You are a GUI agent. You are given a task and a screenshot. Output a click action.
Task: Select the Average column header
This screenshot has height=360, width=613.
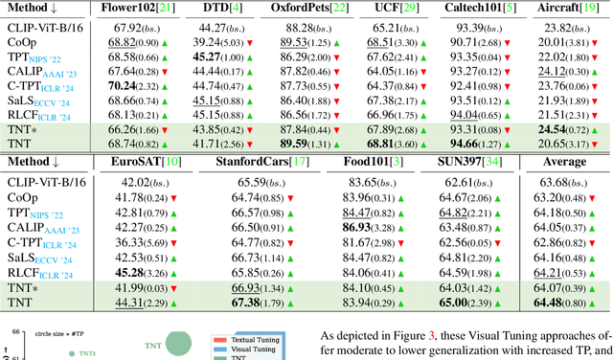click(x=565, y=162)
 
